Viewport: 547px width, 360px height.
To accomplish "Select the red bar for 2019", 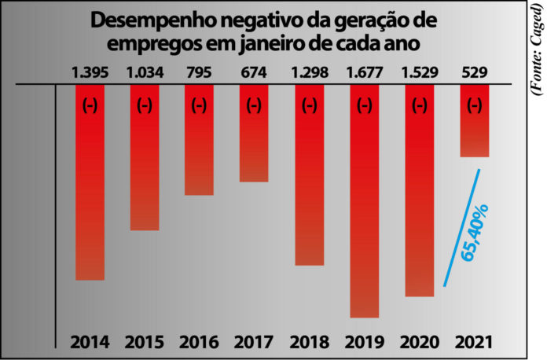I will pyautogui.click(x=365, y=201).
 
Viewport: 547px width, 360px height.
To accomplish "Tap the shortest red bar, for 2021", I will pyautogui.click(x=475, y=121).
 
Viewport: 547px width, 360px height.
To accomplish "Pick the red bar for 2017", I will pyautogui.click(x=255, y=134).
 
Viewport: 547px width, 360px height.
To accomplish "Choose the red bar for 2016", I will pyautogui.click(x=200, y=140).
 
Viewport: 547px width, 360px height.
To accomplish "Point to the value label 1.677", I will pyautogui.click(x=365, y=73).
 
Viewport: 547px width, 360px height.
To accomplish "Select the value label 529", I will pyautogui.click(x=475, y=73).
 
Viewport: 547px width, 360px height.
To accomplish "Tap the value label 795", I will pyautogui.click(x=200, y=73).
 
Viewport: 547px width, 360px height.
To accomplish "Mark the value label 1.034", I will pyautogui.click(x=145, y=73).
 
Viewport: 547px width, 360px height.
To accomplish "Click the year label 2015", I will pyautogui.click(x=145, y=343).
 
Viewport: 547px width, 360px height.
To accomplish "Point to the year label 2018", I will pyautogui.click(x=310, y=343).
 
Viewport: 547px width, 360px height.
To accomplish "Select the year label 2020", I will pyautogui.click(x=420, y=343).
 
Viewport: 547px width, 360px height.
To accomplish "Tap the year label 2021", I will pyautogui.click(x=475, y=343).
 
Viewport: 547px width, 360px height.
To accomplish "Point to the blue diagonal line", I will pyautogui.click(x=461, y=228).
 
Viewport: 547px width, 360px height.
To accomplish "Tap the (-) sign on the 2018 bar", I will pyautogui.click(x=310, y=104).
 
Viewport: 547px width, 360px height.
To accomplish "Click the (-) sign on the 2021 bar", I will pyautogui.click(x=475, y=104).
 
